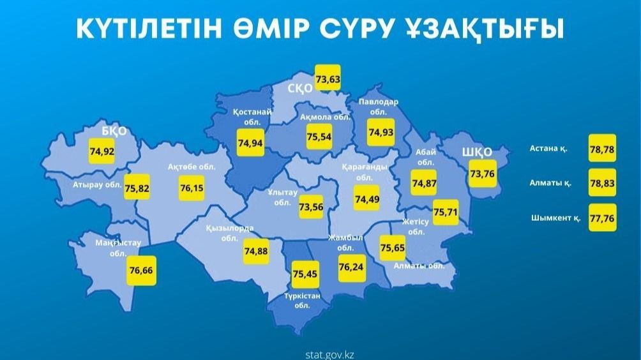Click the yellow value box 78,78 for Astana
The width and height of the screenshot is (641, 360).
point(603,147)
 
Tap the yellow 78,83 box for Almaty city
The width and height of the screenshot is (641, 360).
point(603,181)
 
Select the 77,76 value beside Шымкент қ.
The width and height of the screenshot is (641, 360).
point(603,216)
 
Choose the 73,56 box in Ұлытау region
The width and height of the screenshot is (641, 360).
point(311,206)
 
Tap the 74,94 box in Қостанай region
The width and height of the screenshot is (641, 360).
point(250,142)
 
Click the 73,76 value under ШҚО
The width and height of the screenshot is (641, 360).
point(482,174)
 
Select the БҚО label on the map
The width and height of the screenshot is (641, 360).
point(114,131)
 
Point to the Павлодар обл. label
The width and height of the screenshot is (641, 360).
point(379,106)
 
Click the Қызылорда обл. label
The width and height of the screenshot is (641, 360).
point(230,233)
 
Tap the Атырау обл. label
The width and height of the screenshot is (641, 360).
point(97,185)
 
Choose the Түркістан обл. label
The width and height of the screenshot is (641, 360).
point(303,300)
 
